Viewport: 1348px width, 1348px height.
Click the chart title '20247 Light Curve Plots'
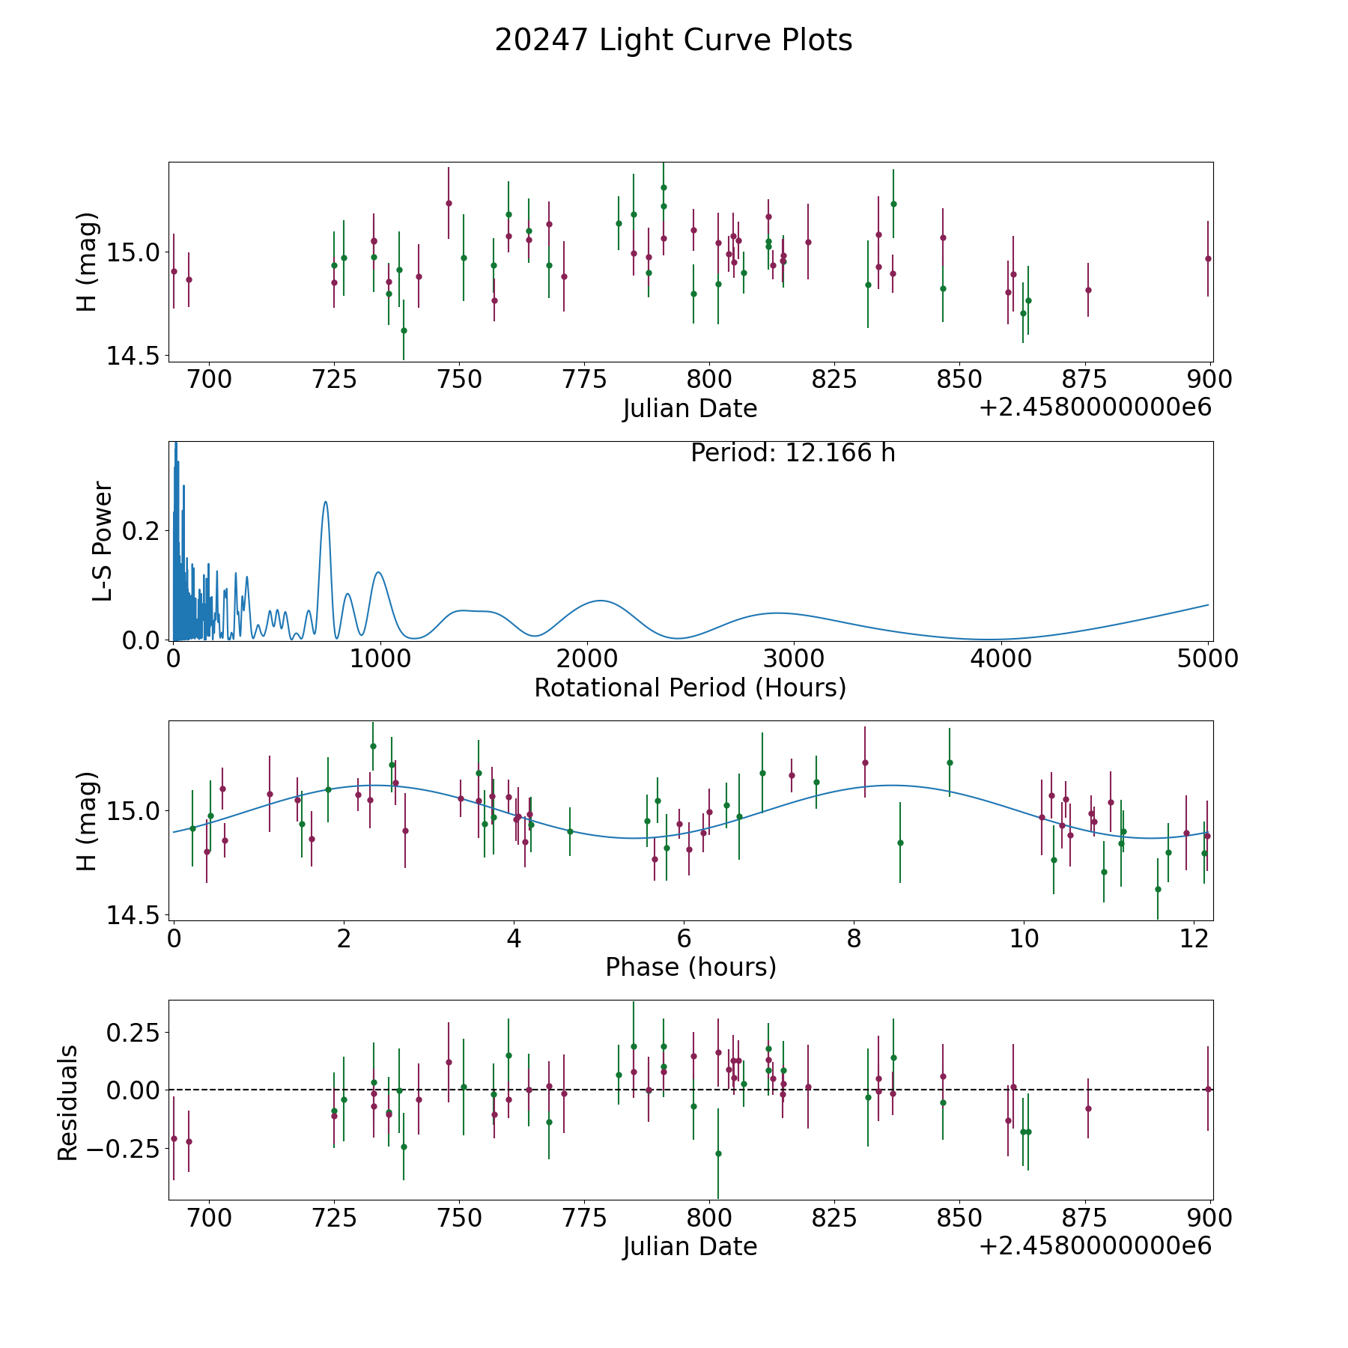(673, 40)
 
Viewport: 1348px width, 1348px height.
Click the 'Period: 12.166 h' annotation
(792, 453)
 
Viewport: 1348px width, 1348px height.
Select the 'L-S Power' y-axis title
(102, 541)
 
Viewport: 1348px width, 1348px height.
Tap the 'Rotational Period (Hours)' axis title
(690, 687)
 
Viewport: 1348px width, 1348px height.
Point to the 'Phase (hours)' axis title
(690, 967)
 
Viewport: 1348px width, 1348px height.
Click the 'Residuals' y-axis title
(67, 1102)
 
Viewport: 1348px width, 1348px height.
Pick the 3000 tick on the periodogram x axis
(793, 659)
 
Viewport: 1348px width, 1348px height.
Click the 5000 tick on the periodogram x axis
(1207, 659)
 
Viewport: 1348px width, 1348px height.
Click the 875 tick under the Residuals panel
(1085, 1218)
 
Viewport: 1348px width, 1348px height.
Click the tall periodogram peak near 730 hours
(325, 502)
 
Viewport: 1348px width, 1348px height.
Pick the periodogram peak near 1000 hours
(378, 572)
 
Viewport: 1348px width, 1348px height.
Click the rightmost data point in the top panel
(1208, 258)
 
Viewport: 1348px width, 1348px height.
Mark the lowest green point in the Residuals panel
(718, 1153)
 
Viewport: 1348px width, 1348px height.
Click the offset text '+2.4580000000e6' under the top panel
(1095, 408)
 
